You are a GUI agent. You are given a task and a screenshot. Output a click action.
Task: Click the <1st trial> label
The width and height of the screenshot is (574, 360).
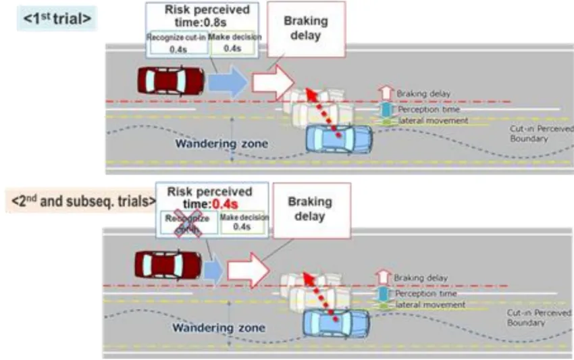(x=57, y=20)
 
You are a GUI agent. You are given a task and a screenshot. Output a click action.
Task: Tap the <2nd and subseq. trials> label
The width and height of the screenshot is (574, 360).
(x=80, y=201)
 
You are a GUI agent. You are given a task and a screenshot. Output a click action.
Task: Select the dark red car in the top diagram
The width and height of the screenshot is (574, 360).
(x=172, y=81)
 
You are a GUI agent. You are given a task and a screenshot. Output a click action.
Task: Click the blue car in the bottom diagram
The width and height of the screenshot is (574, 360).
(x=336, y=323)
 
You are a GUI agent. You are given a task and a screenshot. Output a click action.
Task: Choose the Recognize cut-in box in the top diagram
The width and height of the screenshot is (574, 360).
(x=176, y=43)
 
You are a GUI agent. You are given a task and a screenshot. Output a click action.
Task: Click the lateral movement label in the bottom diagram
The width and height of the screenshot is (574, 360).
(x=431, y=305)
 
